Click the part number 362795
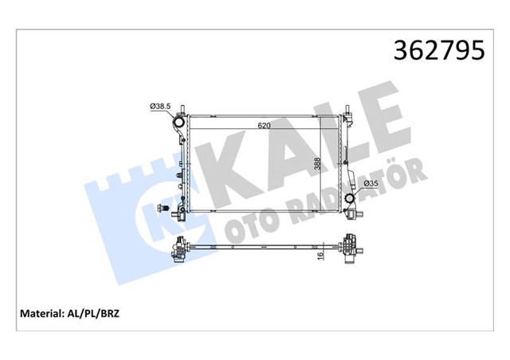(437, 51)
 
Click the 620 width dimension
(264, 126)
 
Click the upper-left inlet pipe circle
(179, 125)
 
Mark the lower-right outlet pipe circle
(351, 198)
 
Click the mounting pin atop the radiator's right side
(347, 110)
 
